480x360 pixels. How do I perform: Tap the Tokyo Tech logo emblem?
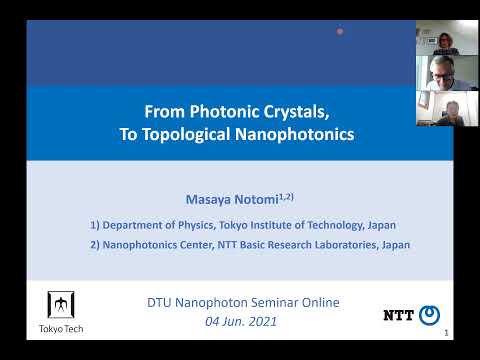click(x=60, y=304)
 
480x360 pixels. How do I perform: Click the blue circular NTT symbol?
click(x=429, y=315)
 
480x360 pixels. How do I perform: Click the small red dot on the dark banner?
click(x=340, y=31)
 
